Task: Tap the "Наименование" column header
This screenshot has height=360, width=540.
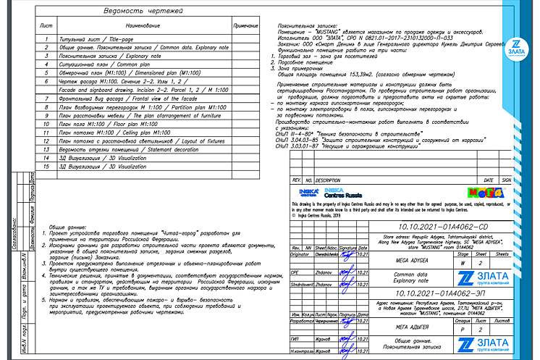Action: click(136, 25)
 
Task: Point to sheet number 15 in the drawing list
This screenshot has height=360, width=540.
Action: click(46, 167)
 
